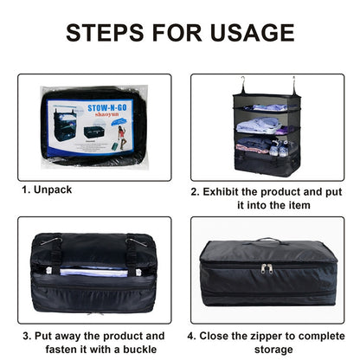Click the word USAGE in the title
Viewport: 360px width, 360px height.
pos(252,32)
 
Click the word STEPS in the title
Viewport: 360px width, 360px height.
pos(105,32)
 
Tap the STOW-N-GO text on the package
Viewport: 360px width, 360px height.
pos(107,108)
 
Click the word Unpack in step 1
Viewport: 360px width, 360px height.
pos(53,190)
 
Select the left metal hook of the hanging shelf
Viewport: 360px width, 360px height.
pos(243,85)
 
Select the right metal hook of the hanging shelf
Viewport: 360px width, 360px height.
pos(293,85)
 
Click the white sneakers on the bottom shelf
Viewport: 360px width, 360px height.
pos(279,148)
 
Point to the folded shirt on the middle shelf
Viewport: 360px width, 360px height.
pos(259,125)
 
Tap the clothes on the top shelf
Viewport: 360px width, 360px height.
pos(266,107)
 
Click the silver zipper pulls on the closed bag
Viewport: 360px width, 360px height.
pos(267,268)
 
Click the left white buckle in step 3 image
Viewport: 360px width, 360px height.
pos(48,270)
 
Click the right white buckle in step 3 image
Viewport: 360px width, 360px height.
pos(138,273)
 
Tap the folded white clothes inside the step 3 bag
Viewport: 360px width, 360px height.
pos(93,272)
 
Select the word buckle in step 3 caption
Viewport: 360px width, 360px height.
pos(140,350)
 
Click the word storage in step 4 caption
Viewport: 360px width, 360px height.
pos(273,350)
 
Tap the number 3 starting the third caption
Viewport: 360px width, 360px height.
pos(26,337)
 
